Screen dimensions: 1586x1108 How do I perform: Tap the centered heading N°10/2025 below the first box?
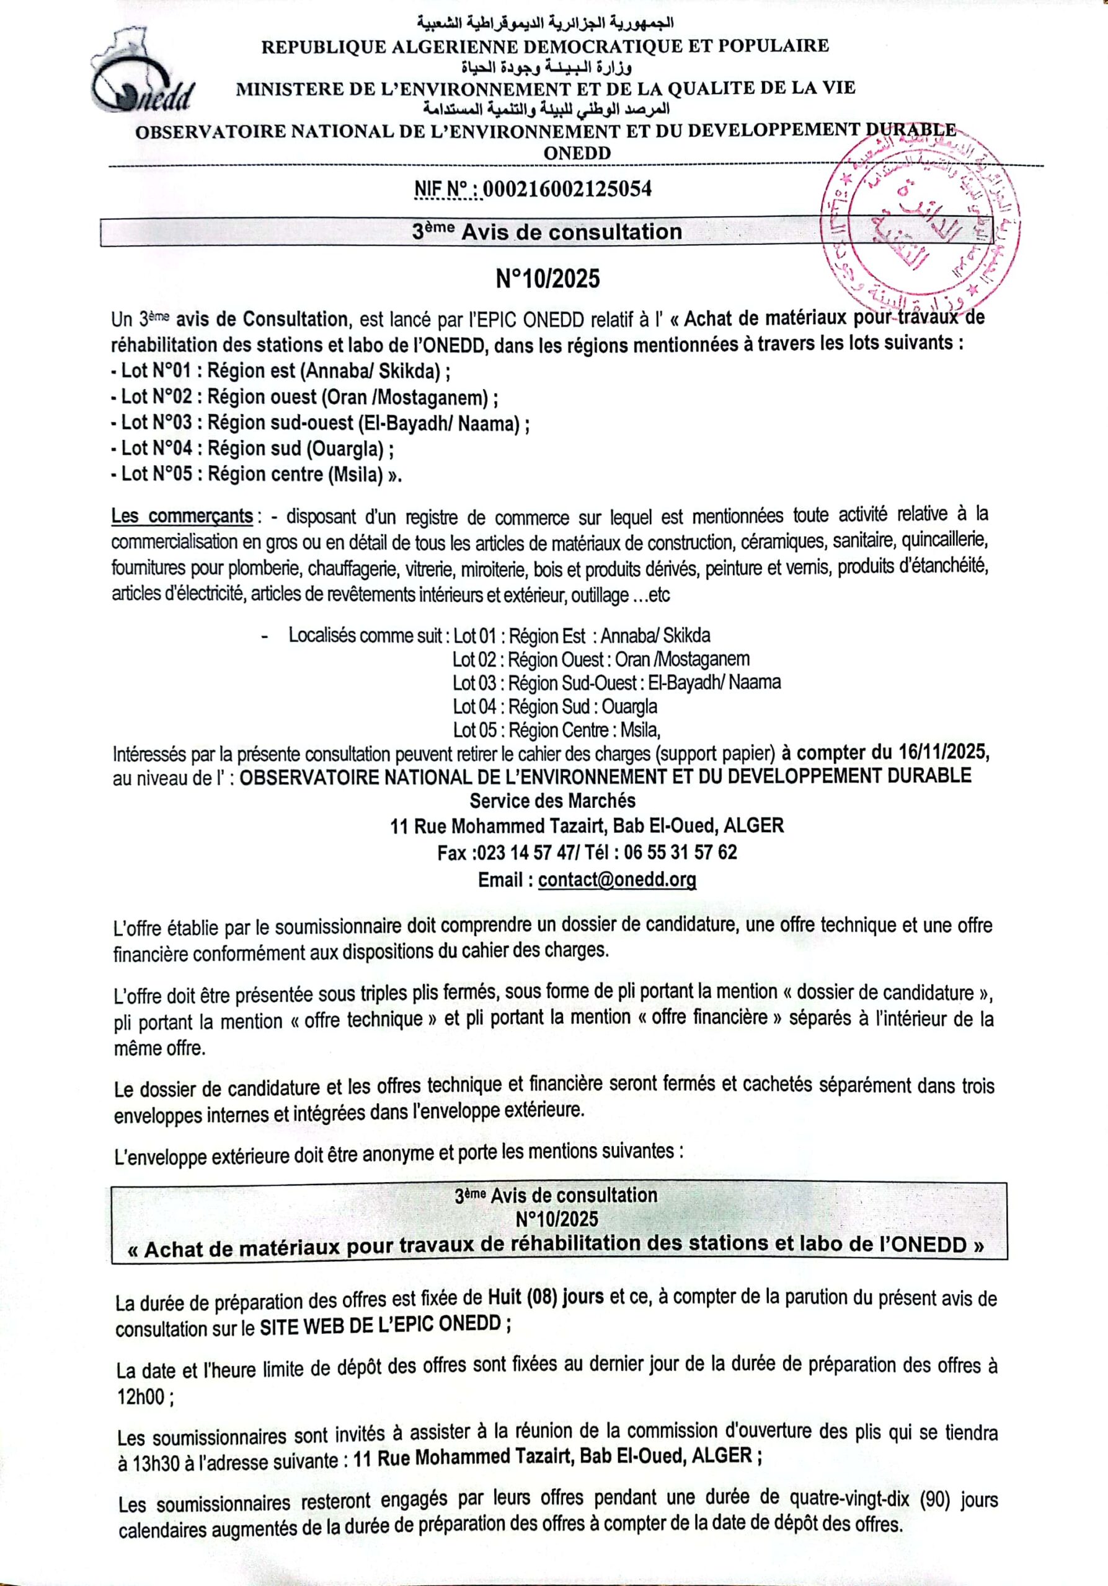coord(548,278)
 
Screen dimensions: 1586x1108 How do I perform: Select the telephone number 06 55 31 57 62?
coord(680,852)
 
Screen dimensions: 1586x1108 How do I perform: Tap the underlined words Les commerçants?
coord(182,516)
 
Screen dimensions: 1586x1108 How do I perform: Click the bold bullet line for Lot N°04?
coord(252,449)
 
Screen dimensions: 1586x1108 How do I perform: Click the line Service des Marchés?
coord(552,800)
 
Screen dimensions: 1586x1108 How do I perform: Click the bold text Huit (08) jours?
coord(546,1297)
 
